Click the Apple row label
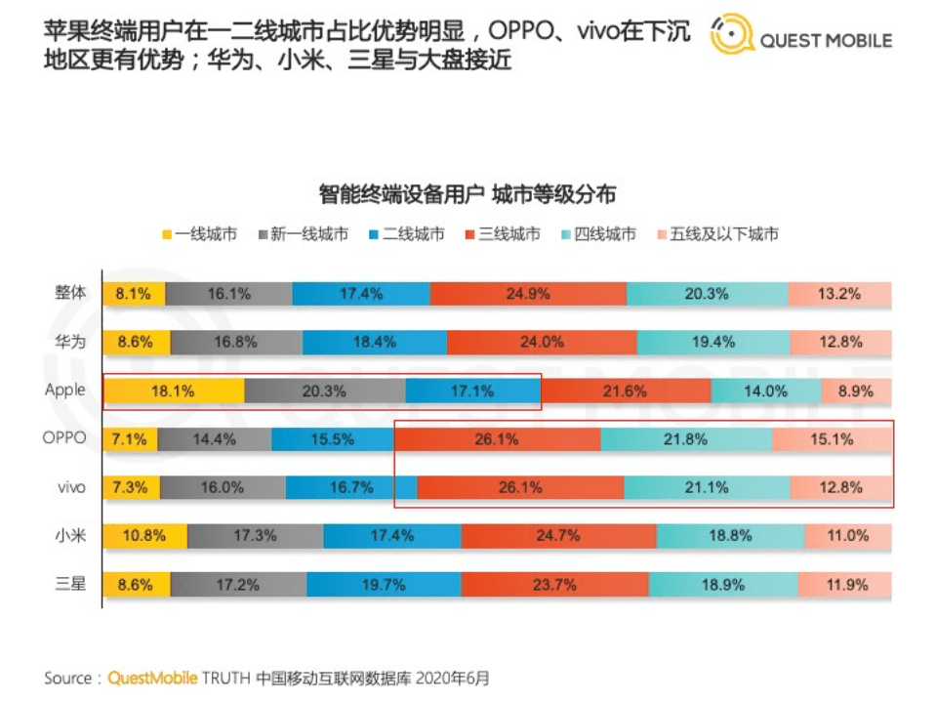tap(64, 390)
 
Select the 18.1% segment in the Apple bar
tap(173, 391)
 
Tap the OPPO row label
tap(64, 438)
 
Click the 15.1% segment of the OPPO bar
tap(832, 439)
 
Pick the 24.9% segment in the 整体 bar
tap(528, 293)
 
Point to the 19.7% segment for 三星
tap(384, 584)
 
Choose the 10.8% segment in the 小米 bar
tap(144, 535)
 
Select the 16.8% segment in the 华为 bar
tap(236, 342)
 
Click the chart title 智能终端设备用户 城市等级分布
tap(467, 193)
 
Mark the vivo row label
tap(71, 487)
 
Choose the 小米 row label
tap(70, 535)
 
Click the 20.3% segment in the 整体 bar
tap(708, 293)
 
